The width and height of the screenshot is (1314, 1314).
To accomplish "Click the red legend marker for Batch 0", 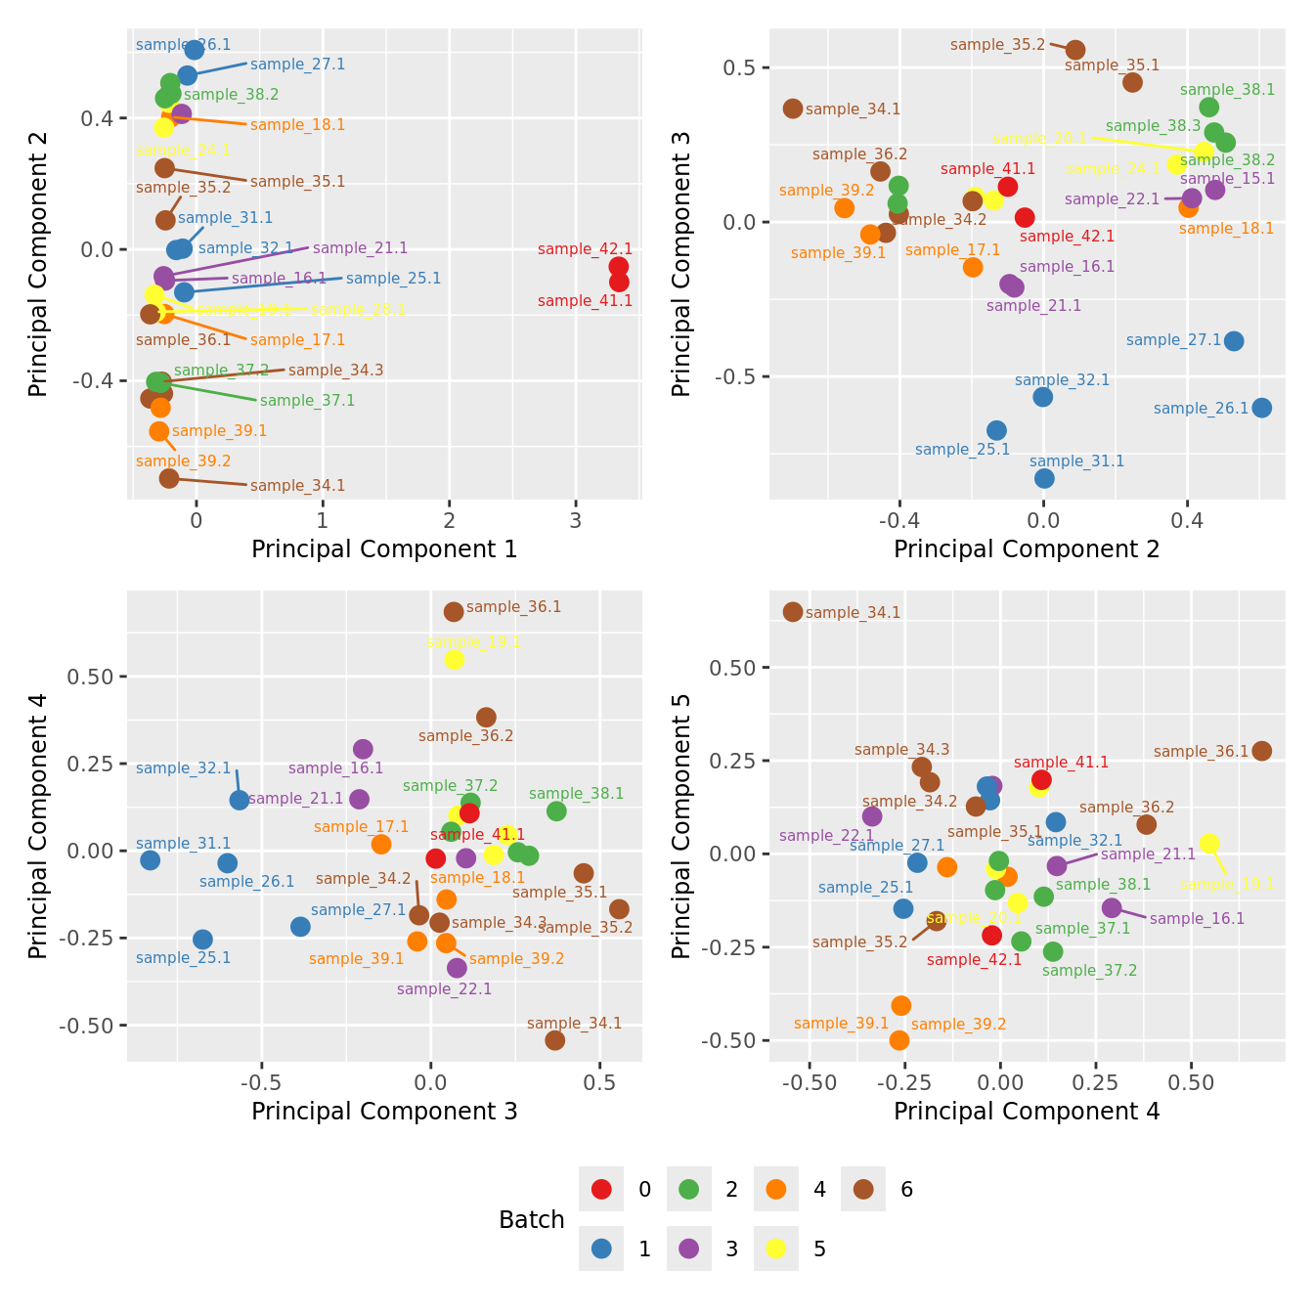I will point(601,1189).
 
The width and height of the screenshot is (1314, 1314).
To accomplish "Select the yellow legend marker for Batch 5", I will point(776,1248).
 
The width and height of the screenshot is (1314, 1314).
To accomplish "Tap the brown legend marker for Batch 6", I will point(863,1189).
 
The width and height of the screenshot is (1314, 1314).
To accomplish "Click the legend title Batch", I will point(531,1219).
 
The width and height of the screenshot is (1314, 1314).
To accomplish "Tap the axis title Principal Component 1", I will point(384,549).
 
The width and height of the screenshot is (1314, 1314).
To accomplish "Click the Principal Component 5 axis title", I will point(681,825).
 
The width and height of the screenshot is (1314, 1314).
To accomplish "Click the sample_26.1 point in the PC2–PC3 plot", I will point(1262,408).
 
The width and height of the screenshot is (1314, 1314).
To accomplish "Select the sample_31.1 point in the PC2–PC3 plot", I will point(1044,478).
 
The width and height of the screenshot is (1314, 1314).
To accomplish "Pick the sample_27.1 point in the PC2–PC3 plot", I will point(1234,341).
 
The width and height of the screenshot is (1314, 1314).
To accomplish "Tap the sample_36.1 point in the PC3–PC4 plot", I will point(454,612).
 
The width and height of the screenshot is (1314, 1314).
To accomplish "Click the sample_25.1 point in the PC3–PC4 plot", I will point(202,940).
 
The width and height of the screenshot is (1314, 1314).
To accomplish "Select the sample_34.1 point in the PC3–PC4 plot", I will point(555,1040).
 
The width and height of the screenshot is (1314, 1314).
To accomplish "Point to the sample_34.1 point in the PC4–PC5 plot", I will point(793,612).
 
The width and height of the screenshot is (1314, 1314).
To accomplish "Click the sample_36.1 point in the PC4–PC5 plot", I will point(1262,751).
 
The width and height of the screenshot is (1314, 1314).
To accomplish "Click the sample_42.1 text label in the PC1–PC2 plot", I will point(585,249).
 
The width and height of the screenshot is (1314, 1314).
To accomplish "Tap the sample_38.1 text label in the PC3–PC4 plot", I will point(576,794).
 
